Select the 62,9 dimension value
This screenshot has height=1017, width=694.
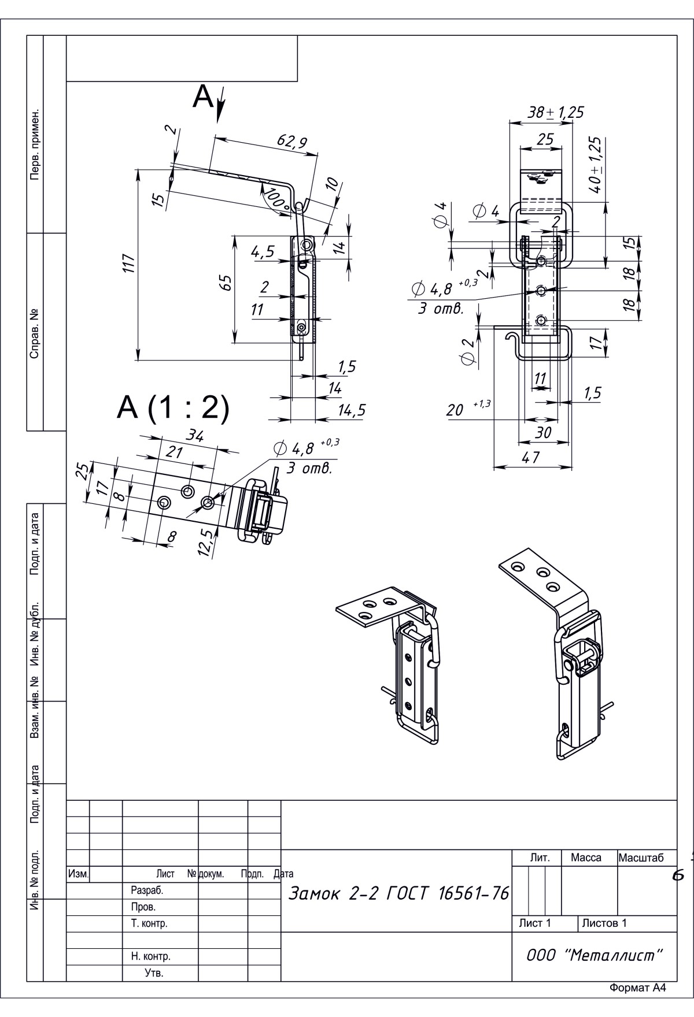click(x=292, y=142)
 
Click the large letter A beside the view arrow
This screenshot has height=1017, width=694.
click(x=203, y=96)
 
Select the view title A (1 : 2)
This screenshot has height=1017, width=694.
click(x=173, y=408)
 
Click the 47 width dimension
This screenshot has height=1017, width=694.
click(x=530, y=458)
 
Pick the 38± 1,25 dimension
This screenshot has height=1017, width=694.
click(x=556, y=112)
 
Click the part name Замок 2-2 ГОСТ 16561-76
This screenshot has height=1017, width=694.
click(x=398, y=894)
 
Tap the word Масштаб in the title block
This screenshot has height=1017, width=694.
click(x=641, y=858)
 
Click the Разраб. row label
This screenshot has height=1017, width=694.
click(x=143, y=890)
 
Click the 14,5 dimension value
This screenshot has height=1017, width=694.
click(x=352, y=410)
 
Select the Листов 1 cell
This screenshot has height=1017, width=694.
click(x=604, y=923)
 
